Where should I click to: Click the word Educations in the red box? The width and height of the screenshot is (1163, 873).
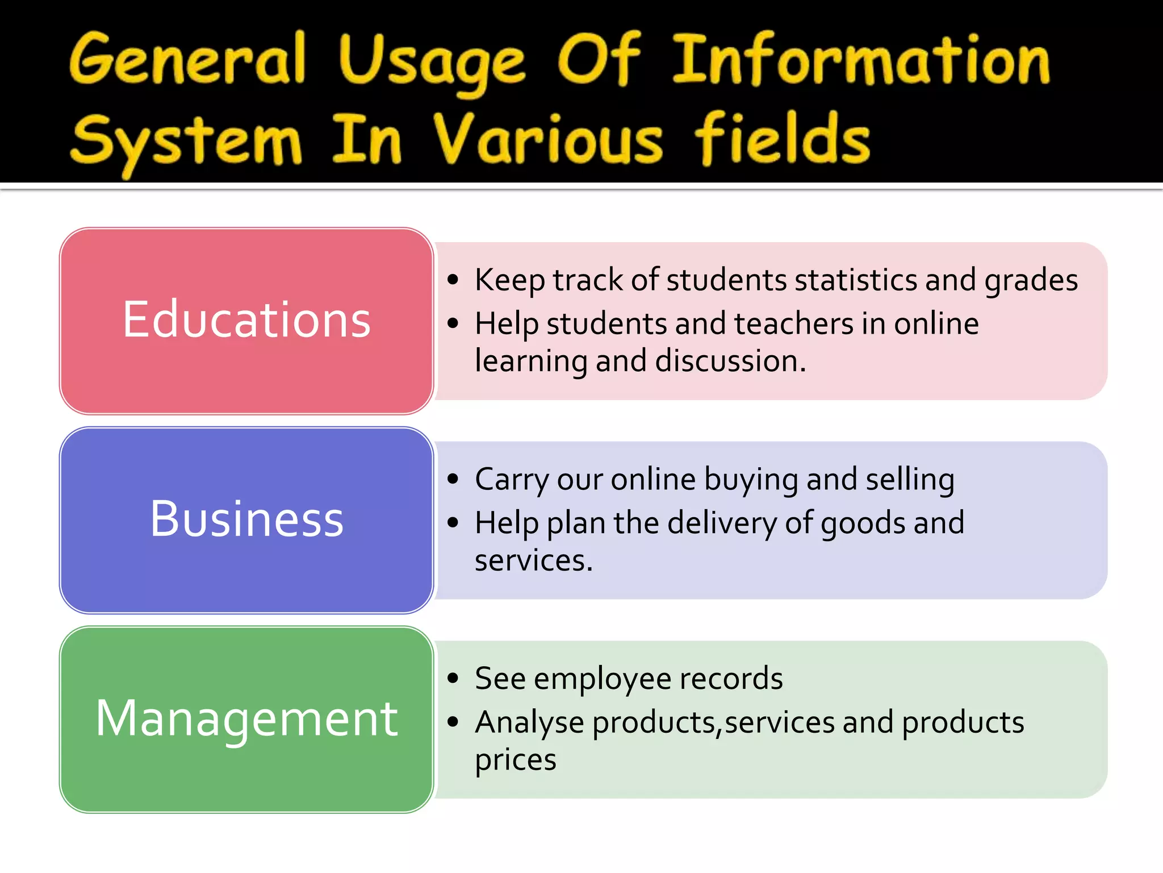[246, 320]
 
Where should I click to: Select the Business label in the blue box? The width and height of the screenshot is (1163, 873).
[246, 519]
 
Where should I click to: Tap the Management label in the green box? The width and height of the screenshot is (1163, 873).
[246, 718]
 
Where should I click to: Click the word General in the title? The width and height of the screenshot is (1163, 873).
[187, 59]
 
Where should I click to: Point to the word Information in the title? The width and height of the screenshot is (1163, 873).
[861, 60]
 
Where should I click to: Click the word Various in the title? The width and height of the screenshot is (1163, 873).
[547, 140]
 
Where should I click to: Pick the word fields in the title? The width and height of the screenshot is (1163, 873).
[783, 139]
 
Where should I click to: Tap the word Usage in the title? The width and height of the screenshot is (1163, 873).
[432, 63]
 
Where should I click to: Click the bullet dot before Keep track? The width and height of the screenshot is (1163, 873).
[453, 280]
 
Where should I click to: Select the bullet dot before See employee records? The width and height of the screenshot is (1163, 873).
[453, 678]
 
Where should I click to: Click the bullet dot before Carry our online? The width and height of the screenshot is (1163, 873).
[453, 479]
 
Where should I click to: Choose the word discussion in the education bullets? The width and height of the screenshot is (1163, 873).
[730, 361]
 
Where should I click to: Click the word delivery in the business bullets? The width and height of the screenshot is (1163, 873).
[722, 523]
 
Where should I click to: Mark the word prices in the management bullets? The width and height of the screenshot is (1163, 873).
[516, 760]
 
